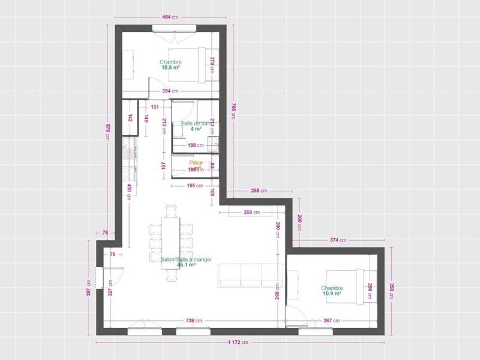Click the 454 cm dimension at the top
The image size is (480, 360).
pyautogui.click(x=170, y=16)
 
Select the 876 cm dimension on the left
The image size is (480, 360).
pyautogui.click(x=108, y=131)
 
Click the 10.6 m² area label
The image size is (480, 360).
pyautogui.click(x=170, y=68)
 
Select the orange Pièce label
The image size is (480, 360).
pyautogui.click(x=196, y=163)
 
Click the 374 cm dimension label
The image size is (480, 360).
pyautogui.click(x=338, y=240)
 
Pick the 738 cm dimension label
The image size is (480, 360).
pyautogui.click(x=193, y=320)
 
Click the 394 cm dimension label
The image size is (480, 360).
pyautogui.click(x=171, y=91)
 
